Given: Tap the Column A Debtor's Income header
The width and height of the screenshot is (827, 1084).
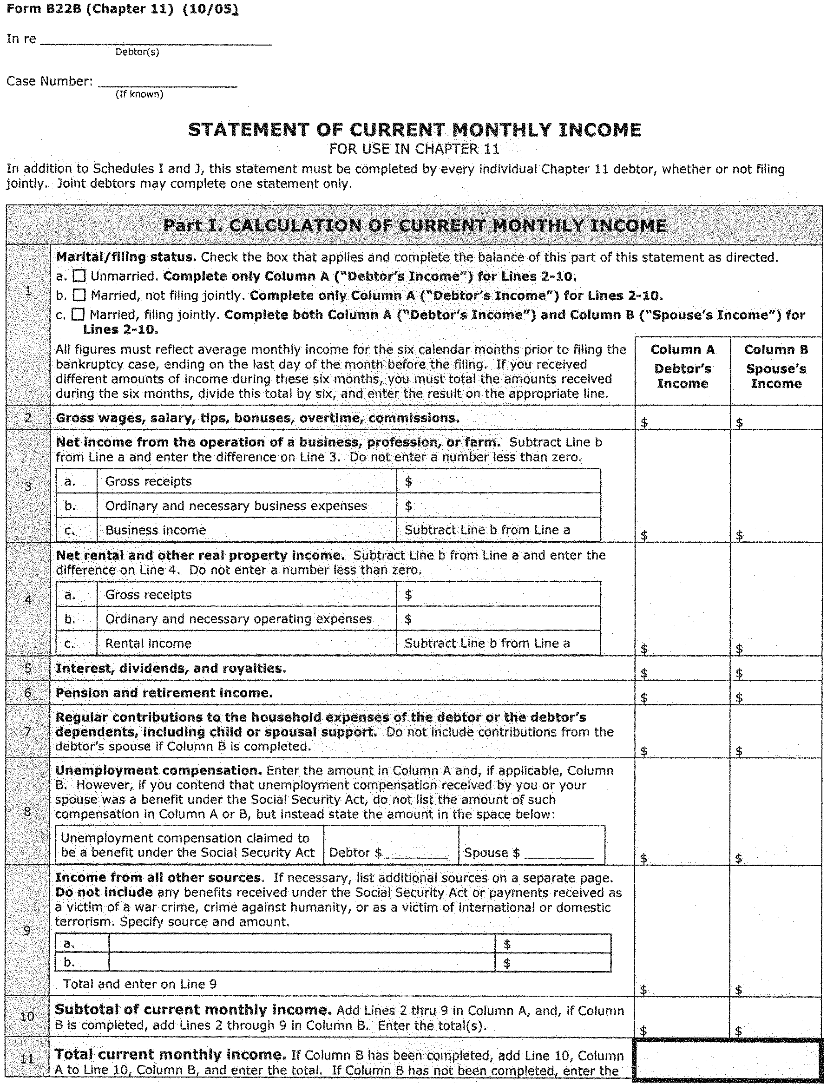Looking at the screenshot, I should coord(682,366).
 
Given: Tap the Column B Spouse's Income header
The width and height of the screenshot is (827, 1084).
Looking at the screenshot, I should coord(776,366).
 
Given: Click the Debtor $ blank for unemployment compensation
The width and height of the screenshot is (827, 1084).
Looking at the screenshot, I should coord(416,853).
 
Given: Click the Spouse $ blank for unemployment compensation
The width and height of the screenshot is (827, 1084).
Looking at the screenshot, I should coord(559,853).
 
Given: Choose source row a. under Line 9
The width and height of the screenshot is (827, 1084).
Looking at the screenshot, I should coord(301,944).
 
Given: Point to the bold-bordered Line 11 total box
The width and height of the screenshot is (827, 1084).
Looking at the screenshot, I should coord(727,1061).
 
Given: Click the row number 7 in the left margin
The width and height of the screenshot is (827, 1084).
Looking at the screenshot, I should coord(28,731).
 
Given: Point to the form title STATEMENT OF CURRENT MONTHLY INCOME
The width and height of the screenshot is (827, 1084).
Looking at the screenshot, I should coord(414,130).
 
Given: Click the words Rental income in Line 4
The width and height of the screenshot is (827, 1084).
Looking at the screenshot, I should coord(148,644).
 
